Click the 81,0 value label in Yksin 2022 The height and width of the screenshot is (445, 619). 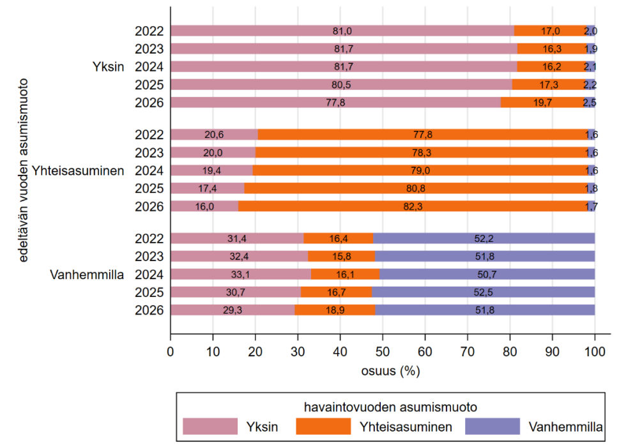(342, 31)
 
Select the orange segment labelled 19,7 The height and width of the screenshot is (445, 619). (542, 103)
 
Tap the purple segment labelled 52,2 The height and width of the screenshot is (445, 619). (484, 238)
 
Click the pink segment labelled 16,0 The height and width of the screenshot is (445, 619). (204, 206)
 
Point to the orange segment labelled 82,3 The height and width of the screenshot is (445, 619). (413, 206)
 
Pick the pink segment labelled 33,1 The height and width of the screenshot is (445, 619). (241, 274)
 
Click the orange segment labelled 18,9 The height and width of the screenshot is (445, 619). (335, 310)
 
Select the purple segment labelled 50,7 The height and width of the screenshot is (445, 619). (487, 274)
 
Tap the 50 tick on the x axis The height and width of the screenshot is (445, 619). (383, 352)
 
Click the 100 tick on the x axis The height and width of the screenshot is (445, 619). (595, 352)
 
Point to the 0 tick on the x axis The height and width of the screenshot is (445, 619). (171, 352)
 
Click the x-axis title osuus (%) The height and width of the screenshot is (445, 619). (390, 371)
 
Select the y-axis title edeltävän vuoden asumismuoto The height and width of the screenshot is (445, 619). (23, 170)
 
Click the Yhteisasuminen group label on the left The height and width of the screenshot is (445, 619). (78, 171)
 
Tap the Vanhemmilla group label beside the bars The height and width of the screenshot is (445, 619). (87, 275)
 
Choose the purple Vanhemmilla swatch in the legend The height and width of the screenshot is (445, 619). (493, 426)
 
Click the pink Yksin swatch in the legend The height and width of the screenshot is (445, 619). (210, 426)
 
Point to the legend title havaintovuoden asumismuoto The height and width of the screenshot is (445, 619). (390, 407)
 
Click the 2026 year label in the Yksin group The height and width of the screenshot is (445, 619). (149, 103)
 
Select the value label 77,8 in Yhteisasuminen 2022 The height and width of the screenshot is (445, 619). (423, 135)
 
